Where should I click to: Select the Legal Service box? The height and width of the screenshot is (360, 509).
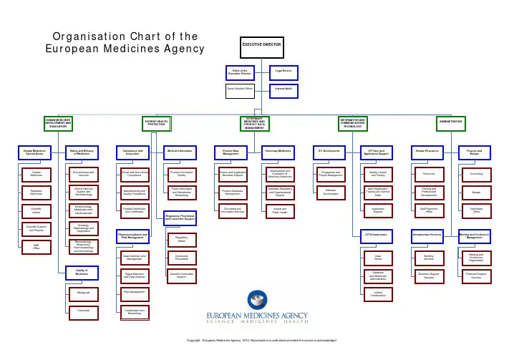(x=283, y=72)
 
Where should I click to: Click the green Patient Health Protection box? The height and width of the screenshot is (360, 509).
(x=156, y=123)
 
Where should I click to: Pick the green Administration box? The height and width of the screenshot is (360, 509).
(x=451, y=123)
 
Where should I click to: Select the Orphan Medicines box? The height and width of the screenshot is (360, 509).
(x=36, y=173)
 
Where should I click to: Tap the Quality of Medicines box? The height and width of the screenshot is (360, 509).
(x=82, y=272)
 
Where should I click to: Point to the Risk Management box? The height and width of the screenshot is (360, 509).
(x=134, y=292)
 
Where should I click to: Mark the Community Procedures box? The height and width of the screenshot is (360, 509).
(x=181, y=257)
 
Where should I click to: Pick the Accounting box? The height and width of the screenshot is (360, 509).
(x=476, y=173)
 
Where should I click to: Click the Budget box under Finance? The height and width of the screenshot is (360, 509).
(x=476, y=192)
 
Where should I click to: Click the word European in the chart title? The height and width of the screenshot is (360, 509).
(x=70, y=49)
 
